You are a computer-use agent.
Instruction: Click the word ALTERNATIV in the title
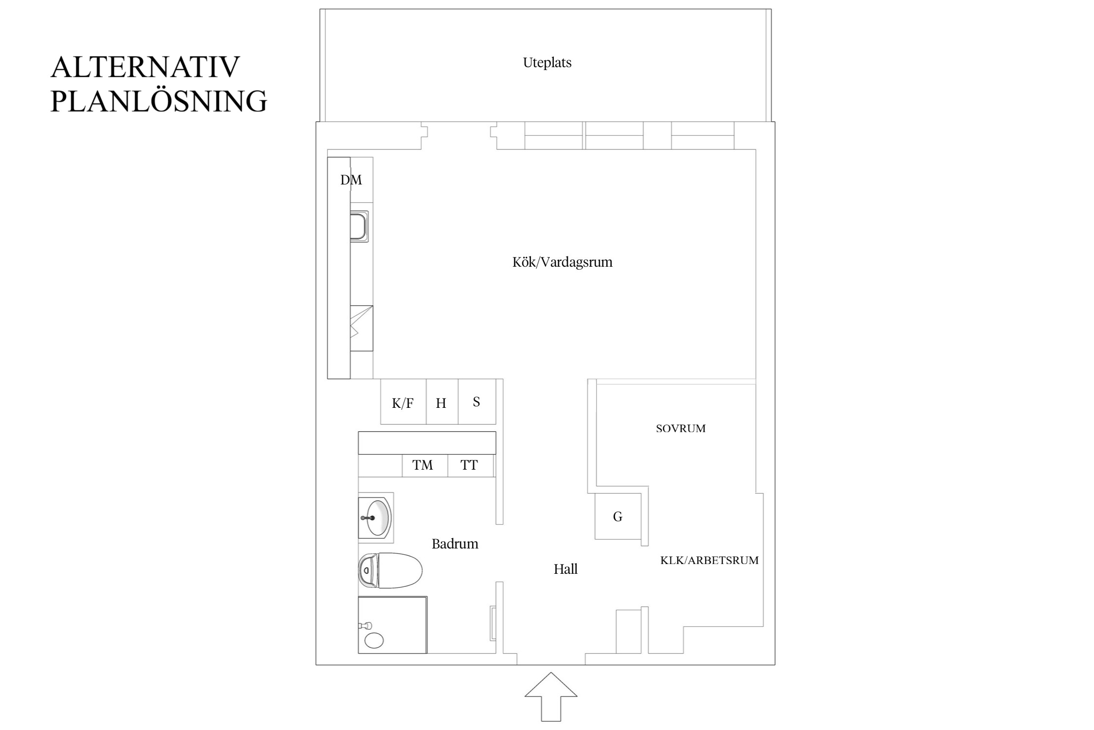(x=145, y=67)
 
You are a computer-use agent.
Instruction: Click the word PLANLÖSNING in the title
(x=159, y=101)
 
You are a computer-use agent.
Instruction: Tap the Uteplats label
(x=547, y=63)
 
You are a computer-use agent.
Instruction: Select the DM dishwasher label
(x=351, y=180)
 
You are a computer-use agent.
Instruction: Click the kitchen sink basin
(x=359, y=226)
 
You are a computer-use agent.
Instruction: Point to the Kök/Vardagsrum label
(x=562, y=262)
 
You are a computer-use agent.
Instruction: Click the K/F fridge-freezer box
(x=403, y=402)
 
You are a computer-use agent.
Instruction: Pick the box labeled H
(x=441, y=402)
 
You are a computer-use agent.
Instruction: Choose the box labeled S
(x=476, y=401)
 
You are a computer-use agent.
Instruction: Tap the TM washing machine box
(x=423, y=465)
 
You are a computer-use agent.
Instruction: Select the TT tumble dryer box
(x=469, y=465)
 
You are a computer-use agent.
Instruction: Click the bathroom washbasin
(x=377, y=517)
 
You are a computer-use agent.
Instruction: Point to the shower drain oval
(x=374, y=640)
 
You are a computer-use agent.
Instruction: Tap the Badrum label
(x=455, y=544)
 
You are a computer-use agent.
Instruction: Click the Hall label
(x=565, y=569)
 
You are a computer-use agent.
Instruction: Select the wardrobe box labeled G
(x=618, y=517)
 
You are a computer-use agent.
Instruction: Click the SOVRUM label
(x=681, y=429)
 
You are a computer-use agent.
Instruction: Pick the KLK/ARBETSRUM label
(x=709, y=560)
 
